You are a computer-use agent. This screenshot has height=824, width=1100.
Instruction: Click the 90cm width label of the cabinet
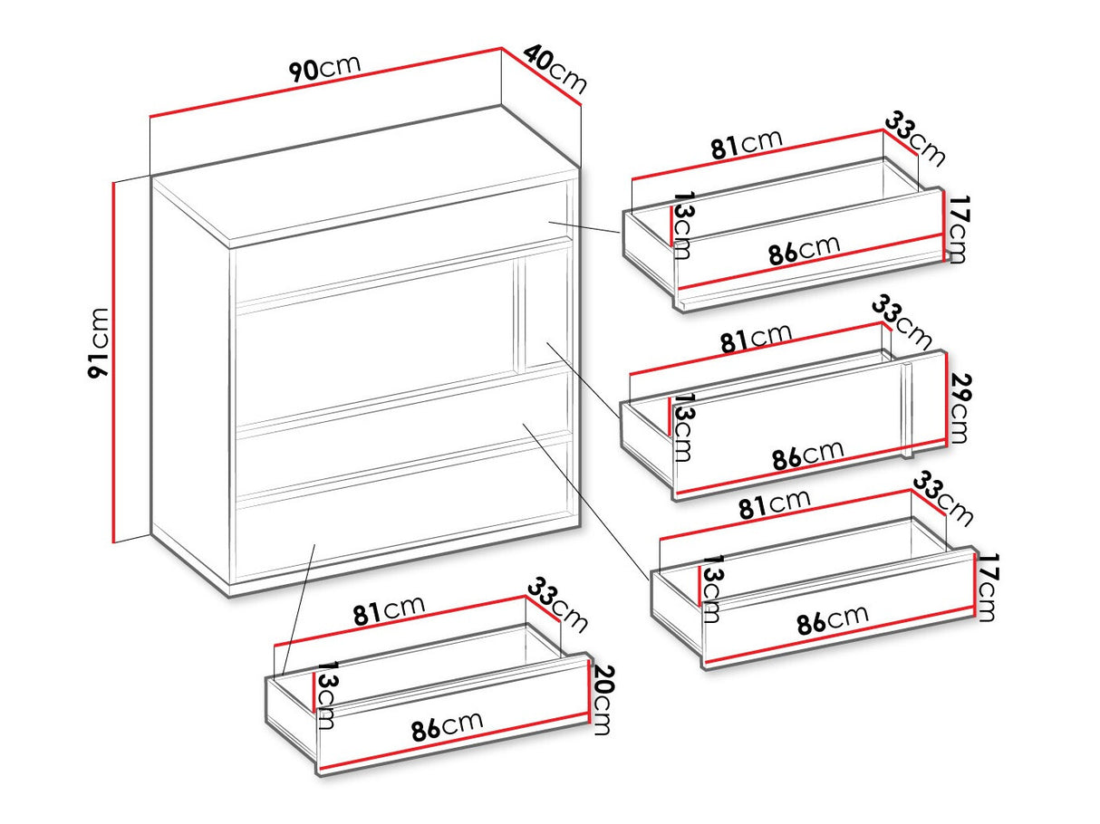[x=324, y=68]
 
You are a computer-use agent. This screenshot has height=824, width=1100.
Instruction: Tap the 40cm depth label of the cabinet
[x=555, y=69]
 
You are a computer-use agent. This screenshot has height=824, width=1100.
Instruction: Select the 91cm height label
[x=98, y=343]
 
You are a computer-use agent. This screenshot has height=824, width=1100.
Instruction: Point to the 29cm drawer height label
[x=960, y=408]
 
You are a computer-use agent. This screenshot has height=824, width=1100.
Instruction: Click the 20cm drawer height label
[x=602, y=700]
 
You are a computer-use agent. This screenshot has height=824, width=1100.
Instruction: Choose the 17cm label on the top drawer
[x=956, y=230]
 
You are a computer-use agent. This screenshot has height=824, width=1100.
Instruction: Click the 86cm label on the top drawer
[x=804, y=249]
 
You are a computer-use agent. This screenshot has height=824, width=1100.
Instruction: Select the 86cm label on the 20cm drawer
[x=447, y=726]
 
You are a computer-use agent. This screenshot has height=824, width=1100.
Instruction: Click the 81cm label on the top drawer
[x=747, y=144]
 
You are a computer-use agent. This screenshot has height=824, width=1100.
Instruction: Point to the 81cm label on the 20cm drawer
[x=389, y=610]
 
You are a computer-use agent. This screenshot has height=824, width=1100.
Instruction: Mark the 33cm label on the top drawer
[x=915, y=139]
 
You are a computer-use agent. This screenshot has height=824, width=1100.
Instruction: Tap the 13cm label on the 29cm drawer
[x=681, y=427]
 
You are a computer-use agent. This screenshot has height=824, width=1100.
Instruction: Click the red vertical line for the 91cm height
[x=114, y=362]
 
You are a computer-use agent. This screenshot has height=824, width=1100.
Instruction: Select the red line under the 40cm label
[x=541, y=77]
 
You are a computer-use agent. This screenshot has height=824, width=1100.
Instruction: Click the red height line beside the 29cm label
[x=946, y=399]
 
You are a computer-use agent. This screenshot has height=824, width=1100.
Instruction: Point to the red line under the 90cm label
[x=325, y=82]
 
